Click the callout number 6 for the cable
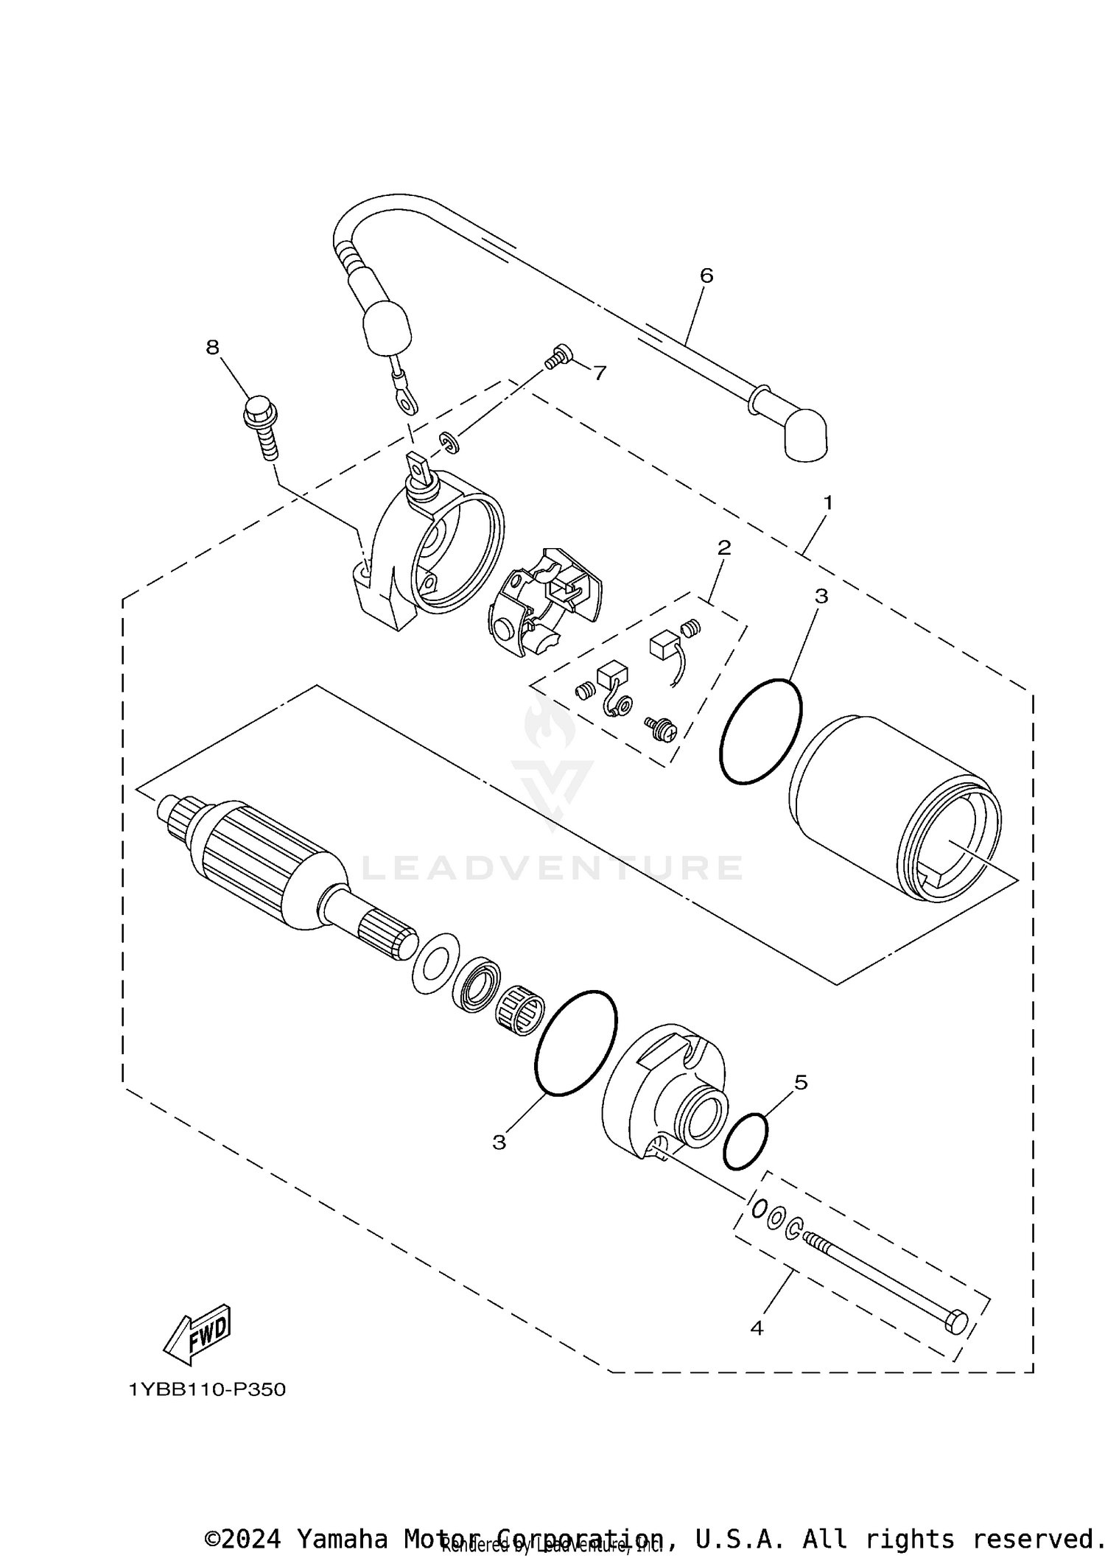tap(706, 276)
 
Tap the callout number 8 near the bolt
tap(213, 347)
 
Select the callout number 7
tap(600, 373)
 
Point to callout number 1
tap(827, 503)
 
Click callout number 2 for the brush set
tap(724, 547)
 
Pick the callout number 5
tap(801, 1082)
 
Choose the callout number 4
tap(757, 1328)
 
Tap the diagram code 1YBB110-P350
tap(207, 1390)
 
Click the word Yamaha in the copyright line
tap(343, 1538)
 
